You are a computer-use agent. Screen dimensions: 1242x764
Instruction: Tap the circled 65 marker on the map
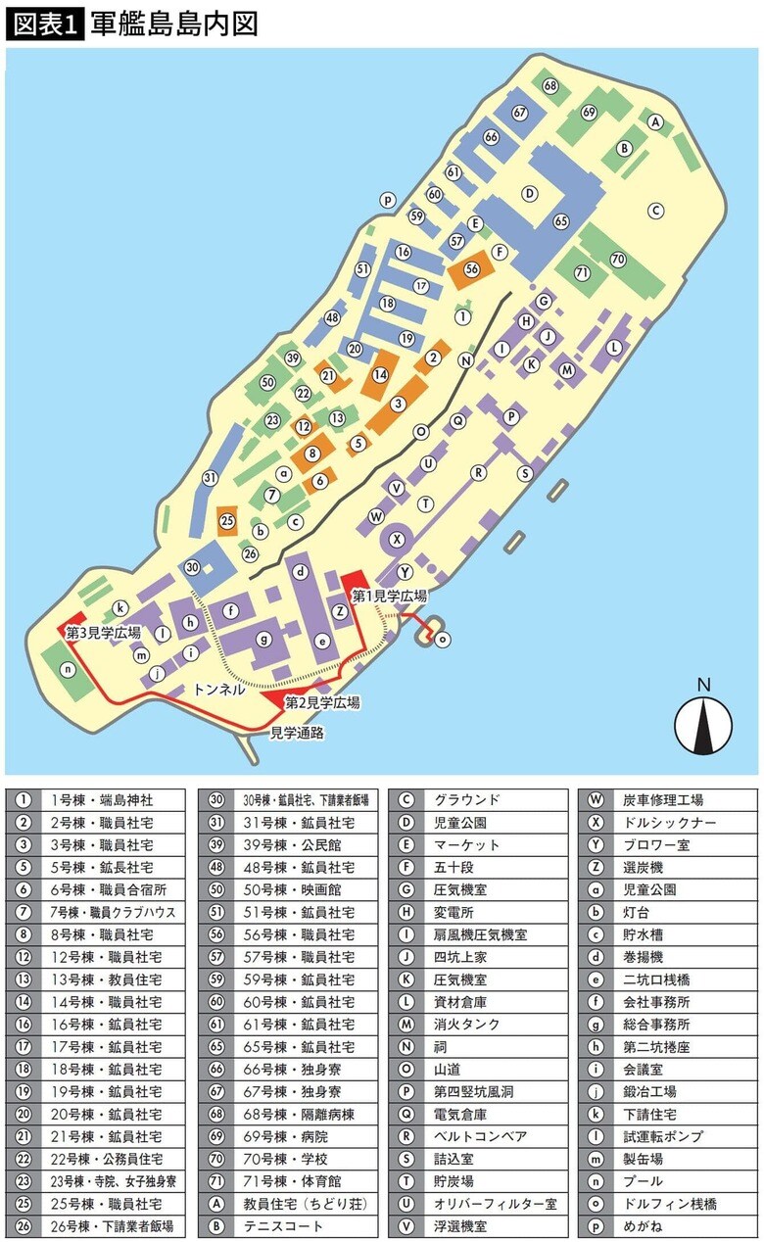point(561,221)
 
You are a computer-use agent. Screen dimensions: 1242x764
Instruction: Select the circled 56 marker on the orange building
point(472,268)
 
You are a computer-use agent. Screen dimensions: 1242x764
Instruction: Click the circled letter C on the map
point(657,210)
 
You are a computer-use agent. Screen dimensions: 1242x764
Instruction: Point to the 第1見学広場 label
point(389,596)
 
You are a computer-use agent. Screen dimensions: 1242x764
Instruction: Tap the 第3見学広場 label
point(103,633)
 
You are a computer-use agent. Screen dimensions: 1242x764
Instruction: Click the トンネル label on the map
point(219,690)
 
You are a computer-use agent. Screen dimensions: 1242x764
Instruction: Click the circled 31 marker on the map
point(210,478)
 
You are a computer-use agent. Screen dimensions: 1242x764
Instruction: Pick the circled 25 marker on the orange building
point(227,520)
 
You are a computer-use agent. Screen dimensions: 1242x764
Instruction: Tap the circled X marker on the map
point(397,537)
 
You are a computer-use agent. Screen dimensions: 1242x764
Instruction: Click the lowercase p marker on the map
point(388,200)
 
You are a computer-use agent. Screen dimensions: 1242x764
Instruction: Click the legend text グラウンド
point(467,800)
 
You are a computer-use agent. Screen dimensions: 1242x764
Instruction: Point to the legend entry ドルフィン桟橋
point(664,1204)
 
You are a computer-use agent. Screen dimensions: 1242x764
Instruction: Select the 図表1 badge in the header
point(45,24)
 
